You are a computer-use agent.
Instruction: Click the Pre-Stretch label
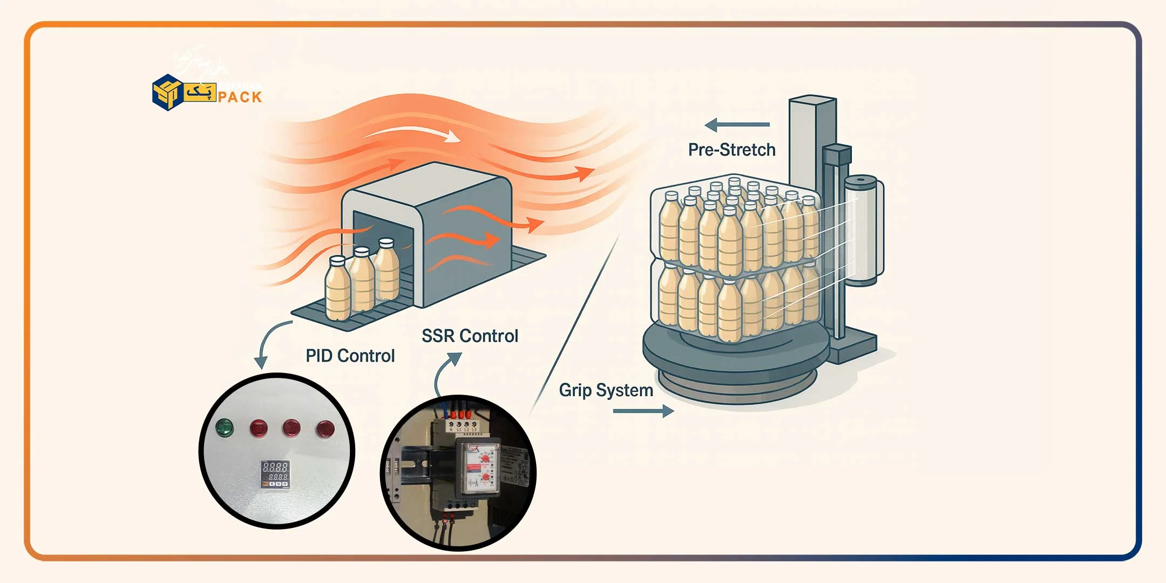click(x=731, y=150)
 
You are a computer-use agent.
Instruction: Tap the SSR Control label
click(x=470, y=336)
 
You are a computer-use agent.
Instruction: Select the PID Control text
click(x=350, y=356)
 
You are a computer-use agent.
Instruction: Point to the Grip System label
click(x=606, y=390)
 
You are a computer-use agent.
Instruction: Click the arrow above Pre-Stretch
click(x=737, y=125)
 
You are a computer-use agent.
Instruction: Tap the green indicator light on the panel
click(x=224, y=428)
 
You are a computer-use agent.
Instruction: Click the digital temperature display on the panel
click(x=275, y=474)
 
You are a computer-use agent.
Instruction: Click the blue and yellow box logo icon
click(x=167, y=92)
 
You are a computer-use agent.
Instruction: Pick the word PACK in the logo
click(x=240, y=97)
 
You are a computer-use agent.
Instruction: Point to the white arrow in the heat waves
click(x=416, y=133)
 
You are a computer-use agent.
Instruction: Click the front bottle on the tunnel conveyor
click(x=338, y=289)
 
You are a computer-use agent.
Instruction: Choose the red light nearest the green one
click(x=259, y=428)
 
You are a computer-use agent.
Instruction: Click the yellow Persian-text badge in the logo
click(x=200, y=92)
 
